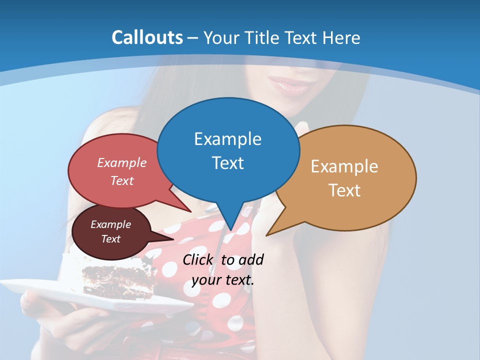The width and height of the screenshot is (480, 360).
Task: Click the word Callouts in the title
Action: (147, 37)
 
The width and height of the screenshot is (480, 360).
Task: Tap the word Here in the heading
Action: (342, 37)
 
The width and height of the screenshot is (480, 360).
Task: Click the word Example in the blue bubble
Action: (227, 139)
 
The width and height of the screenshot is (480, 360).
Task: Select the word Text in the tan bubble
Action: (344, 190)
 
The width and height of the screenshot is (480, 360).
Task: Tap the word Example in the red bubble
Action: (122, 163)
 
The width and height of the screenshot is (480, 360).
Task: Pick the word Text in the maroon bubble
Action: (111, 239)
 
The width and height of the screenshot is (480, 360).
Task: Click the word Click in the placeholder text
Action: (198, 259)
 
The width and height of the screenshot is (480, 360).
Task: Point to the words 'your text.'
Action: (223, 280)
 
